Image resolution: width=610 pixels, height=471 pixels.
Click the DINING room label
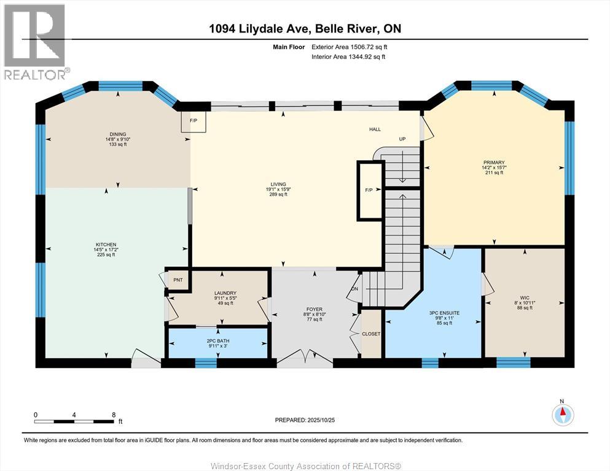pos(118,134)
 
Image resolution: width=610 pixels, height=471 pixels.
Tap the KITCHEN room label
pos(106,245)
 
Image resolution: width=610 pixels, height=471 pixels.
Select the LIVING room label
pos(278,185)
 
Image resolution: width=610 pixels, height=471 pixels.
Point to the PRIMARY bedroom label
pos(494,163)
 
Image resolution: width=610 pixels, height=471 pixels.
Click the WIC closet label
pos(525,298)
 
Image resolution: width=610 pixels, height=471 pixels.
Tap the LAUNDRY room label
pos(225,293)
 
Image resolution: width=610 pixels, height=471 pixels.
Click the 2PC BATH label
pos(218,341)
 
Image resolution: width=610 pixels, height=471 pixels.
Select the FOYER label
pos(315,310)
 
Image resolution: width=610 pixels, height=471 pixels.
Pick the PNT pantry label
pos(178,280)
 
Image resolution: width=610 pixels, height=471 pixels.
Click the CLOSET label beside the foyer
pos(371,334)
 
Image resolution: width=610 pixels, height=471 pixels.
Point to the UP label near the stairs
pos(402,139)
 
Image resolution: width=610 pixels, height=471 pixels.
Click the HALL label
pos(375,129)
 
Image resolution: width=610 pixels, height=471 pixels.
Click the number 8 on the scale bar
pos(114,415)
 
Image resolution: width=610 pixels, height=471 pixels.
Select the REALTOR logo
pos(35,42)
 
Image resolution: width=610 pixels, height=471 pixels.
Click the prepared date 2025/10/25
pos(321,420)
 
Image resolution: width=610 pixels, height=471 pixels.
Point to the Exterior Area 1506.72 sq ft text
pos(350,47)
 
